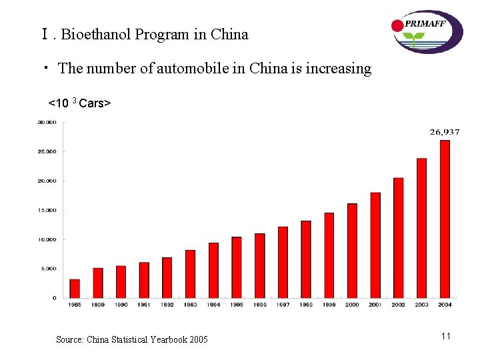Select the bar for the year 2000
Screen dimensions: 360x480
point(352,251)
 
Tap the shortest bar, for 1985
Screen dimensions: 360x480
point(75,288)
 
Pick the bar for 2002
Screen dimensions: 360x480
point(399,237)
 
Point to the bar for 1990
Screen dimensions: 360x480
point(121,281)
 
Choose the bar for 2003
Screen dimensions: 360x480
point(421,227)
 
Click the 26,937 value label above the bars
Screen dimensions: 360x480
point(445,132)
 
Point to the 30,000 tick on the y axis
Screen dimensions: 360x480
point(47,122)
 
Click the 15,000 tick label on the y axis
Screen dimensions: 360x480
point(47,210)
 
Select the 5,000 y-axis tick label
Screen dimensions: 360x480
point(48,269)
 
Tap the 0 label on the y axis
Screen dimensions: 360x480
point(55,298)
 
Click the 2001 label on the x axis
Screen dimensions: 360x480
point(375,305)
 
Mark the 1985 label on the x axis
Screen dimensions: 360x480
point(75,305)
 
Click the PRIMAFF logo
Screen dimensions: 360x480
point(427,31)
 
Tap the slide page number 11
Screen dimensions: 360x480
point(446,336)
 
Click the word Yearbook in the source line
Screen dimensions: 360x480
point(165,340)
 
